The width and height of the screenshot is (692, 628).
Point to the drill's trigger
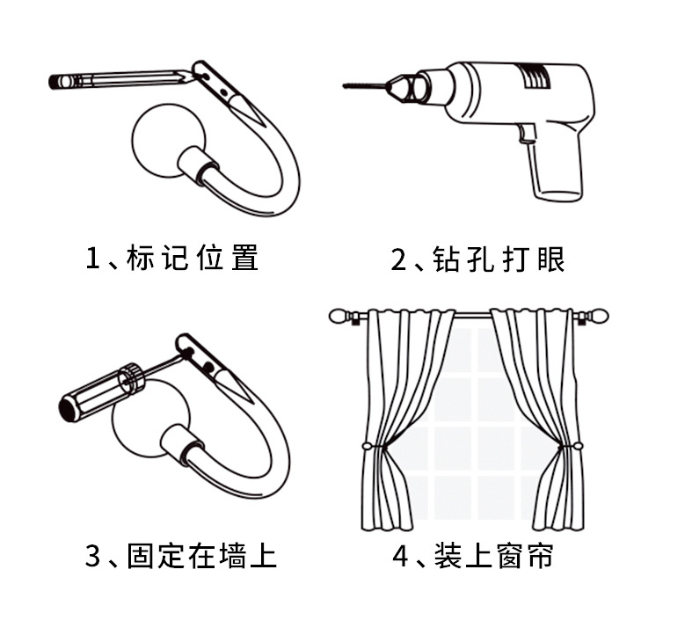(528, 135)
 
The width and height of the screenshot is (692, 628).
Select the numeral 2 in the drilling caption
(400, 259)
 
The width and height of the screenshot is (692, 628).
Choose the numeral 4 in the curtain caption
(401, 556)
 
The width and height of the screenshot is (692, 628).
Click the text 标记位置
(193, 259)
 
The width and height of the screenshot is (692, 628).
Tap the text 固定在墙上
(202, 556)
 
